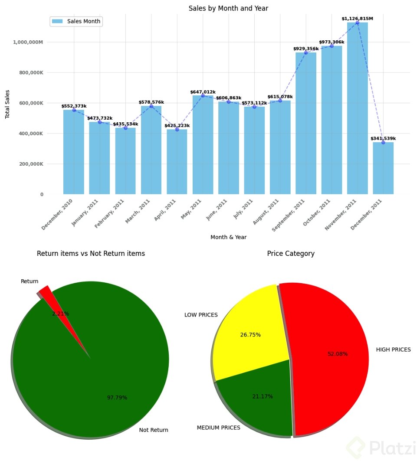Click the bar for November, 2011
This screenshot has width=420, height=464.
pyautogui.click(x=357, y=108)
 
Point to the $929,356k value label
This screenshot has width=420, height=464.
pyautogui.click(x=306, y=49)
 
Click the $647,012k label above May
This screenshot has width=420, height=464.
pyautogui.click(x=203, y=92)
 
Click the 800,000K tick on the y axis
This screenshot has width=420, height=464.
pyautogui.click(x=31, y=73)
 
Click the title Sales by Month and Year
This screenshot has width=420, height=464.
pyautogui.click(x=228, y=9)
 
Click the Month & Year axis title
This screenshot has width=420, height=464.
pyautogui.click(x=228, y=237)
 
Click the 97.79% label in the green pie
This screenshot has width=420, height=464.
pyautogui.click(x=117, y=397)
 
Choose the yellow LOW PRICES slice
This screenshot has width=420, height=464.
pyautogui.click(x=247, y=325)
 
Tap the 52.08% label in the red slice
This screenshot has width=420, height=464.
pyautogui.click(x=338, y=354)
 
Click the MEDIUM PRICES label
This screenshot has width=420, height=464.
pyautogui.click(x=218, y=428)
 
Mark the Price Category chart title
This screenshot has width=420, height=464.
pyautogui.click(x=291, y=254)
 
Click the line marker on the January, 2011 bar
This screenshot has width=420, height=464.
pyautogui.click(x=99, y=122)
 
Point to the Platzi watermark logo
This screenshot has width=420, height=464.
pyautogui.click(x=382, y=448)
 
